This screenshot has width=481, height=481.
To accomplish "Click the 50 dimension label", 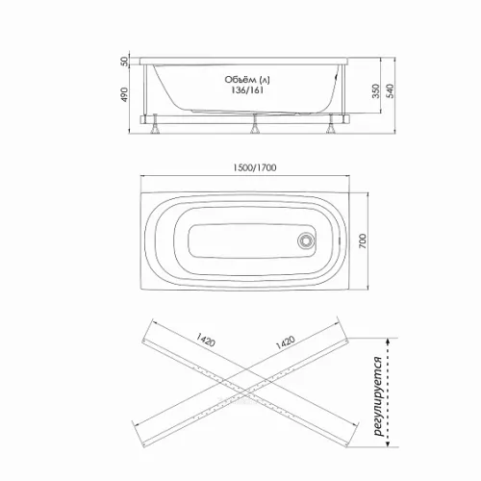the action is (124, 61).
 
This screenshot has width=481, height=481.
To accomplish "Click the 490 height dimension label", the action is (124, 94).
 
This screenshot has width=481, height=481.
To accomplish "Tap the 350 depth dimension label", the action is (376, 91).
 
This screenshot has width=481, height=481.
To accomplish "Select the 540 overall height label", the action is (390, 91).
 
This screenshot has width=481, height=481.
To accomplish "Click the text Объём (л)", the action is (247, 80).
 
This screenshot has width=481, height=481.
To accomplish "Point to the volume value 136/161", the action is (247, 90).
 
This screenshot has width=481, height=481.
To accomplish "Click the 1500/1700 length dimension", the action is (254, 167).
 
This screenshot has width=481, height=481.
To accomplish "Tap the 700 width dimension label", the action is (362, 241).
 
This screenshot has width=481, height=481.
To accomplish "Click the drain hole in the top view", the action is (306, 240).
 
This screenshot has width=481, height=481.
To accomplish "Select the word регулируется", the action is (378, 396).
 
